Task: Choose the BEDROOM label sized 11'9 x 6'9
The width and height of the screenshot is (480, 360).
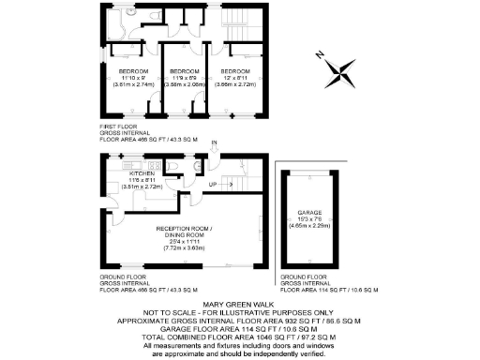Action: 184,71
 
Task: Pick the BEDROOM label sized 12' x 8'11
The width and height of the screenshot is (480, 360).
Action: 235,71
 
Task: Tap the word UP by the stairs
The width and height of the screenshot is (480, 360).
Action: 212,183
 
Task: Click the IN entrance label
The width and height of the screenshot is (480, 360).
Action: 215,142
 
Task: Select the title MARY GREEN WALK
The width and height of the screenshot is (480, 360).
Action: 239,304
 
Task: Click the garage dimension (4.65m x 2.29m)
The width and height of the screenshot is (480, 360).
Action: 308,226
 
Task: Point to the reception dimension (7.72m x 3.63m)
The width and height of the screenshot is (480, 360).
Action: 185,248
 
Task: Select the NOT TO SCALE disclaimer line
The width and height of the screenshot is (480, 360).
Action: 239,312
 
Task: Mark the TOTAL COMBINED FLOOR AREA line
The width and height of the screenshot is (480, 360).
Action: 239,337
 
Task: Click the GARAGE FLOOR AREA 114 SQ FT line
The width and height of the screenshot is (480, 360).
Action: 239,328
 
